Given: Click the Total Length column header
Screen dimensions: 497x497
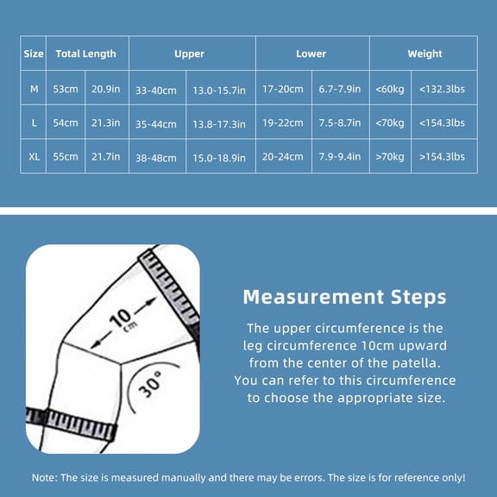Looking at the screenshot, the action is pos(86,53).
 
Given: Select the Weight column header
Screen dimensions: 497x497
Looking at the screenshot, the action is pos(425,53).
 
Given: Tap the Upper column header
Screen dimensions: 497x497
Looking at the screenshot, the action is pos(189,54).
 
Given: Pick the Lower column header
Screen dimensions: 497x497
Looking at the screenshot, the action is pos(311,53).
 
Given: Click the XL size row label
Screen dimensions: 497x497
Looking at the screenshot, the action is pos(34,156).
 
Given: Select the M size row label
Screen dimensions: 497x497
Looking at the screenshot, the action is pos(34,89).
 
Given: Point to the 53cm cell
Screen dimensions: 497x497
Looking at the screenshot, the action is pos(66,89).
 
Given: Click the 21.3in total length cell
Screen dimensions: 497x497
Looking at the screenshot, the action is pos(106,123).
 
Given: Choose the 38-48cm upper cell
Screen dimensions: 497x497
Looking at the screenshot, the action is pos(156,158).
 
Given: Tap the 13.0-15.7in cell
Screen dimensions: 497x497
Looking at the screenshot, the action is pos(219,91).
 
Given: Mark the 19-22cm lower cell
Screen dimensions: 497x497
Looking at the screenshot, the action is pos(283,123).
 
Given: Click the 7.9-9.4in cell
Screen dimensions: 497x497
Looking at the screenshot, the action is pos(340,156).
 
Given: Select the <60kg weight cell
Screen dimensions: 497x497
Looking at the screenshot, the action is pos(390,90).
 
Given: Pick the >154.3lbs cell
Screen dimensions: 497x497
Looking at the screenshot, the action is pos(442,156).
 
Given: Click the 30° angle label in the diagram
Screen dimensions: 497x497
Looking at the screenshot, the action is pos(150,384).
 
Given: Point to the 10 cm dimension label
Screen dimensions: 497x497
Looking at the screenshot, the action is pos(123,319).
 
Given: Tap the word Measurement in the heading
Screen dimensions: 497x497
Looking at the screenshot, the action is pos(313,298).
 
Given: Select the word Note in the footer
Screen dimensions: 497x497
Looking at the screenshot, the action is pos(43,478).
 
